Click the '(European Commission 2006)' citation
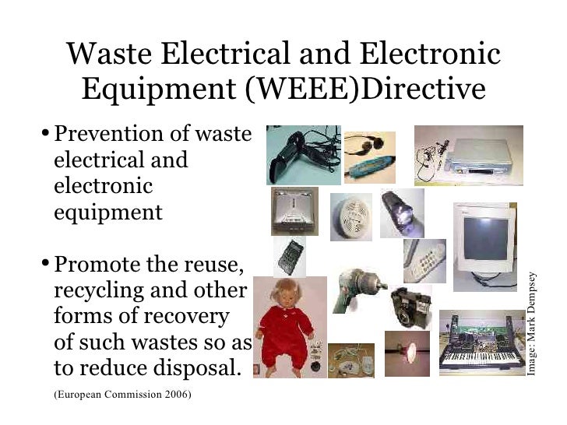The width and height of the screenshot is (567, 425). coord(122,394)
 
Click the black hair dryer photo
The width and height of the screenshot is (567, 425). coord(291,154)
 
